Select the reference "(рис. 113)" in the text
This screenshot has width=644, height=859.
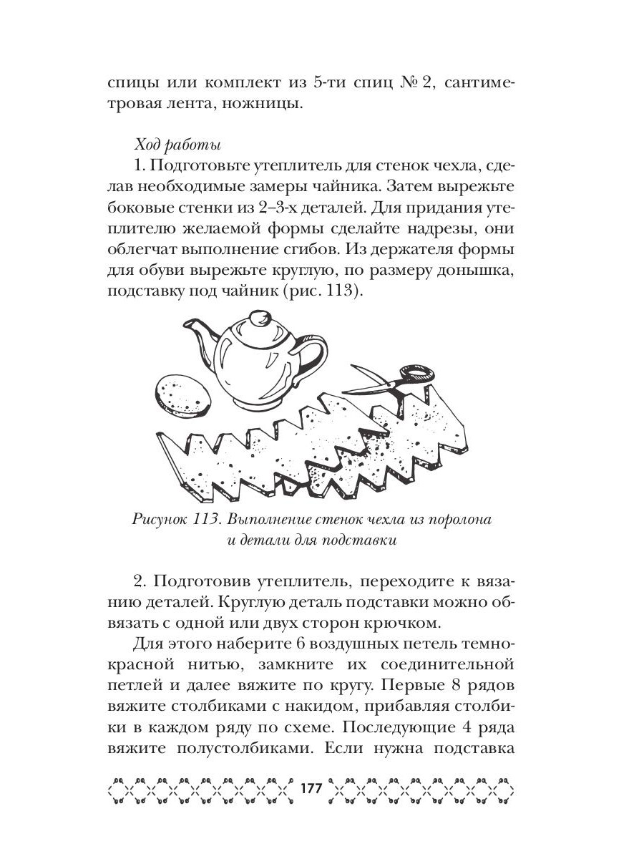tap(335, 292)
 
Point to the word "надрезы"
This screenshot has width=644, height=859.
tap(421, 230)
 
